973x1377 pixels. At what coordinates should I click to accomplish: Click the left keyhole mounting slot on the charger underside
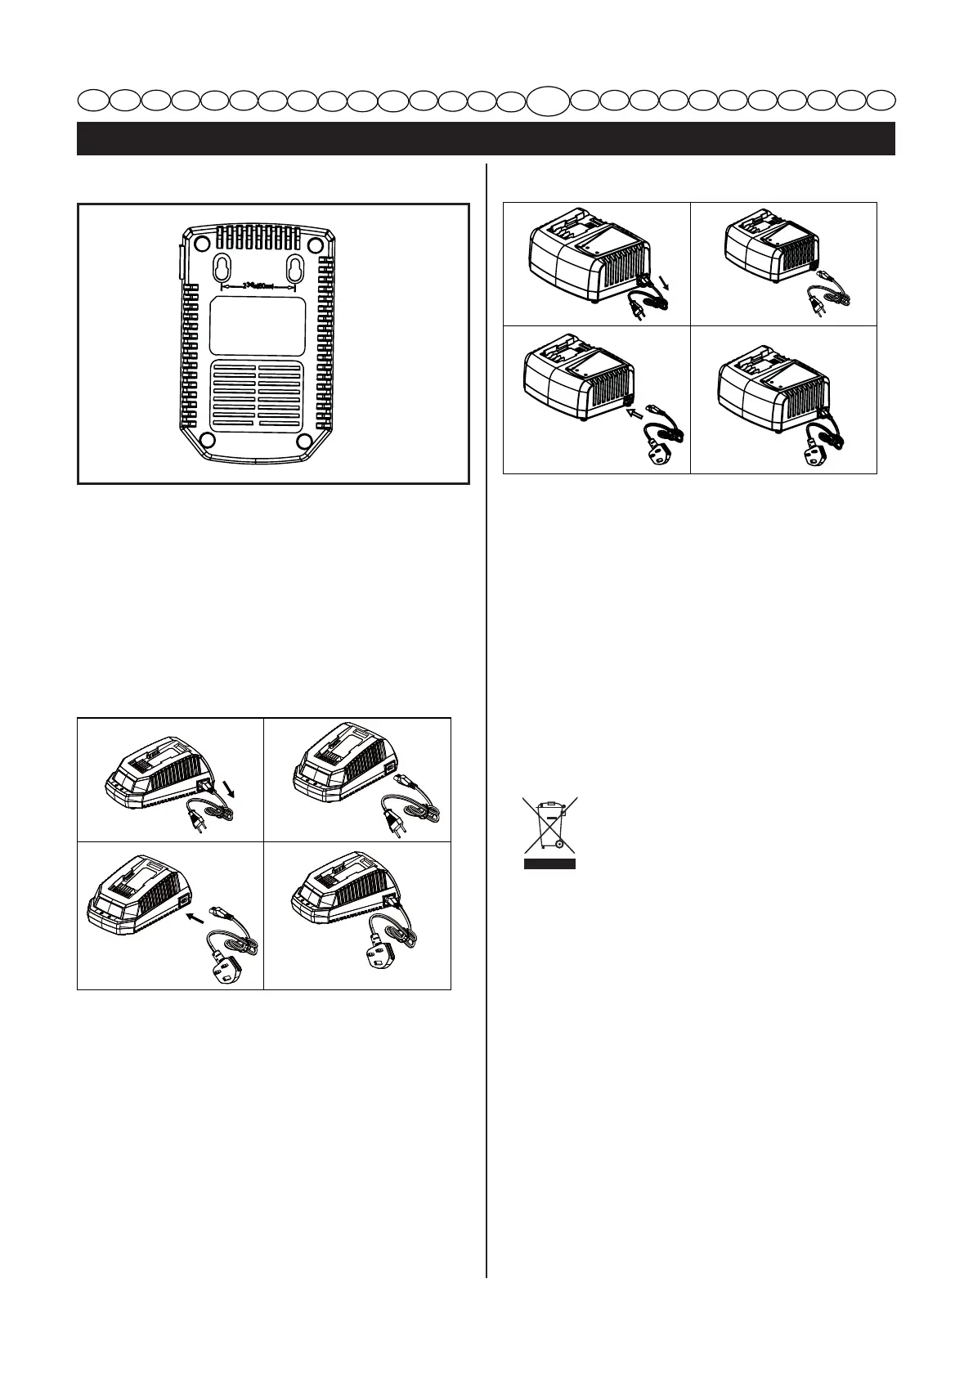224,267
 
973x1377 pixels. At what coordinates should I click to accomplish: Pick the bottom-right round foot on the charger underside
307,442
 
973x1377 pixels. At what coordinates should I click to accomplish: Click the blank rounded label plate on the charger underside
258,325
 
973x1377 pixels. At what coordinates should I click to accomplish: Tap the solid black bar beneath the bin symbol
550,863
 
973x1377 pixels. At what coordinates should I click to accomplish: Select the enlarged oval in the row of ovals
546,101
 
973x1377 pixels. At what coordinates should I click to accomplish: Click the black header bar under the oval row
486,138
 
